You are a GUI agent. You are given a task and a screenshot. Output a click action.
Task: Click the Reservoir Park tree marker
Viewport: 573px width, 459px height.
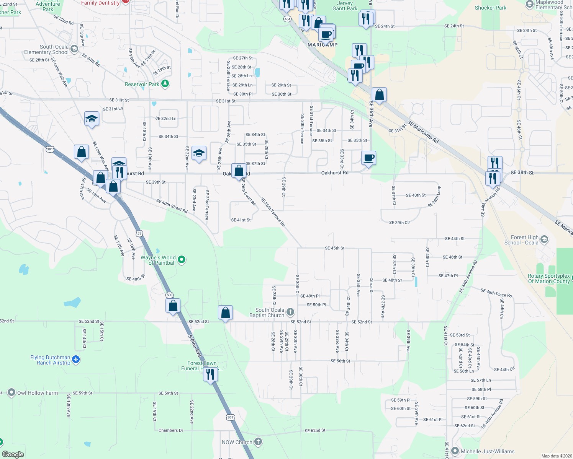coord(165,84)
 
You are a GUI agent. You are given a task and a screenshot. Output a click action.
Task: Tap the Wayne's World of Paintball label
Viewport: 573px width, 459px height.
coord(158,260)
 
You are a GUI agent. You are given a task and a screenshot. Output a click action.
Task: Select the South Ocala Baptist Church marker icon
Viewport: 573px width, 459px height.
coord(290,313)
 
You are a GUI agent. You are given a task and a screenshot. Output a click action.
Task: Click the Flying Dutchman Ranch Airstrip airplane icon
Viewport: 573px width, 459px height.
coord(76,360)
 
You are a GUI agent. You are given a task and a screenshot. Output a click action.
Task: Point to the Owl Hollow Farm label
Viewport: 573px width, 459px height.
coord(38,393)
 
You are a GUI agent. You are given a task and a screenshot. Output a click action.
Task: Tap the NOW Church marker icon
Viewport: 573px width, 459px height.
coord(258,442)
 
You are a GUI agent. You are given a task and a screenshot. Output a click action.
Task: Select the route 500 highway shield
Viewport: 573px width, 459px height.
coord(170,295)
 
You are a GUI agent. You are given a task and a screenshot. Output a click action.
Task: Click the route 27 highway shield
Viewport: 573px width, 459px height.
coord(139,233)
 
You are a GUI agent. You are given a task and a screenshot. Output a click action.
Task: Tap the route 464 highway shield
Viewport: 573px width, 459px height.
coord(287,19)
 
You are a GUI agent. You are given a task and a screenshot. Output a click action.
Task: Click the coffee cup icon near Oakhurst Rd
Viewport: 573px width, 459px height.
coord(369,158)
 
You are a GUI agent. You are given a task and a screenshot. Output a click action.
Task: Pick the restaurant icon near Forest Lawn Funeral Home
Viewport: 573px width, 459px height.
coord(210,374)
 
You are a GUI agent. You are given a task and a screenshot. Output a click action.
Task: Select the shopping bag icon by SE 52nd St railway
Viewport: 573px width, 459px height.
coord(226,313)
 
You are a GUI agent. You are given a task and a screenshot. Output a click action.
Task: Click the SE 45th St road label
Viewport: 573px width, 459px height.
coord(334,248)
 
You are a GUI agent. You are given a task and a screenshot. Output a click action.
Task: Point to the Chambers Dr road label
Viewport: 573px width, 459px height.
coord(171,430)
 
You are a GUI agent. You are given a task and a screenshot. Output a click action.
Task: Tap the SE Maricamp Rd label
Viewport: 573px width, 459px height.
coord(423,132)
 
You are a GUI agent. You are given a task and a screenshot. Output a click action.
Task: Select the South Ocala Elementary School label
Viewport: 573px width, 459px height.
coord(46,49)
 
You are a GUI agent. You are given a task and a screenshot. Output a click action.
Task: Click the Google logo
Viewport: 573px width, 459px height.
coord(13,454)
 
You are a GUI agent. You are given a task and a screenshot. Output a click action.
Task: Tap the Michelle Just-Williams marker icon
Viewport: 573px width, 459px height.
coord(455,451)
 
